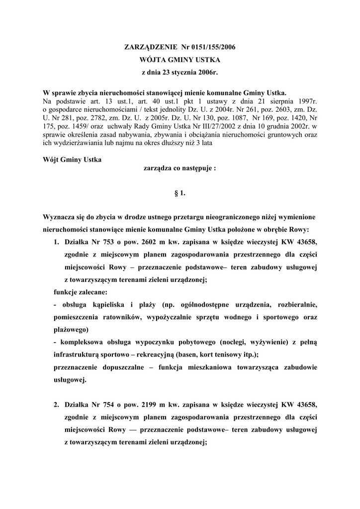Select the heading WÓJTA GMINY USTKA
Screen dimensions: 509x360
pyautogui.click(x=180, y=60)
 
